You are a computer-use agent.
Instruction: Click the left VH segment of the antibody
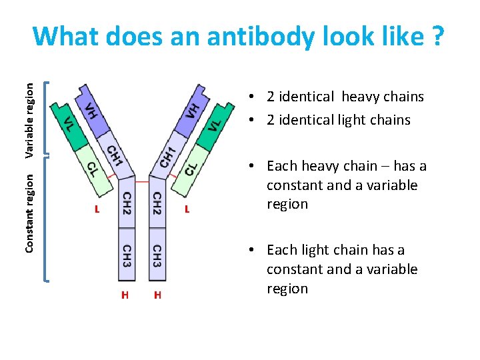91,107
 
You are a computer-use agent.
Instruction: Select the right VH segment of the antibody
192,107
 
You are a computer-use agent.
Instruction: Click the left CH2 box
126,203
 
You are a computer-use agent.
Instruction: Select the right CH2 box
157,203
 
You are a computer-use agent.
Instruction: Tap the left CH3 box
126,255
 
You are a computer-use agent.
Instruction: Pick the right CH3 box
157,255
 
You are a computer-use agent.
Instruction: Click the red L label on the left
97,209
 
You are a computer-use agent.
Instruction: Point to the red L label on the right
187,209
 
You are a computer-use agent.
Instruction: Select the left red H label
125,295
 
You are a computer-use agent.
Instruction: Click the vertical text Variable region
30,118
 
